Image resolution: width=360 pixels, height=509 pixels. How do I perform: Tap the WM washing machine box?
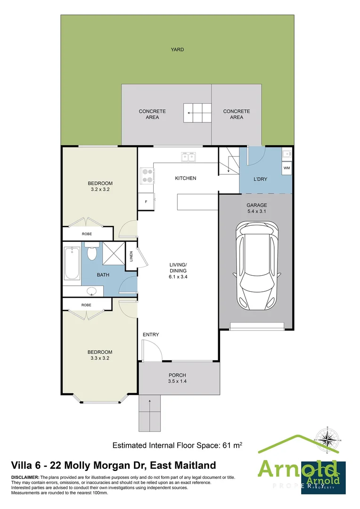point(286,168)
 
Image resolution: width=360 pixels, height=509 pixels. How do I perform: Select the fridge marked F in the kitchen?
point(146,201)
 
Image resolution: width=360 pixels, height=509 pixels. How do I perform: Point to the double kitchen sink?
point(188,156)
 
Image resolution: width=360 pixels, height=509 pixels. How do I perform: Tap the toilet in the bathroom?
point(92,253)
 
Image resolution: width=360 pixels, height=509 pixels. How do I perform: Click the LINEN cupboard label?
point(132,257)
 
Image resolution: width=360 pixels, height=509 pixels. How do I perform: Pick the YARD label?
point(177,49)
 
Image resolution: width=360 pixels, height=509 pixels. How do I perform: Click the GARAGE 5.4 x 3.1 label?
point(257,208)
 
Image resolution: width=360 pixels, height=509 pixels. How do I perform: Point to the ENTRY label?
point(151,335)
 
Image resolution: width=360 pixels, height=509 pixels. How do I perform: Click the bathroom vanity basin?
point(91,291)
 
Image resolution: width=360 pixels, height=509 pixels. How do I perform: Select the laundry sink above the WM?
point(286,154)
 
